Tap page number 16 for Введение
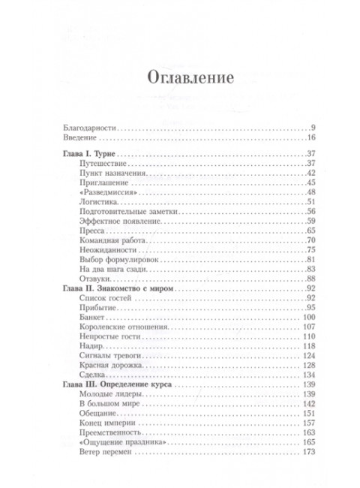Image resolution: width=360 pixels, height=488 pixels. [x=312, y=140]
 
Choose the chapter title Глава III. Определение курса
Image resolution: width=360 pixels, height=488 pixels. [x=115, y=384]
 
